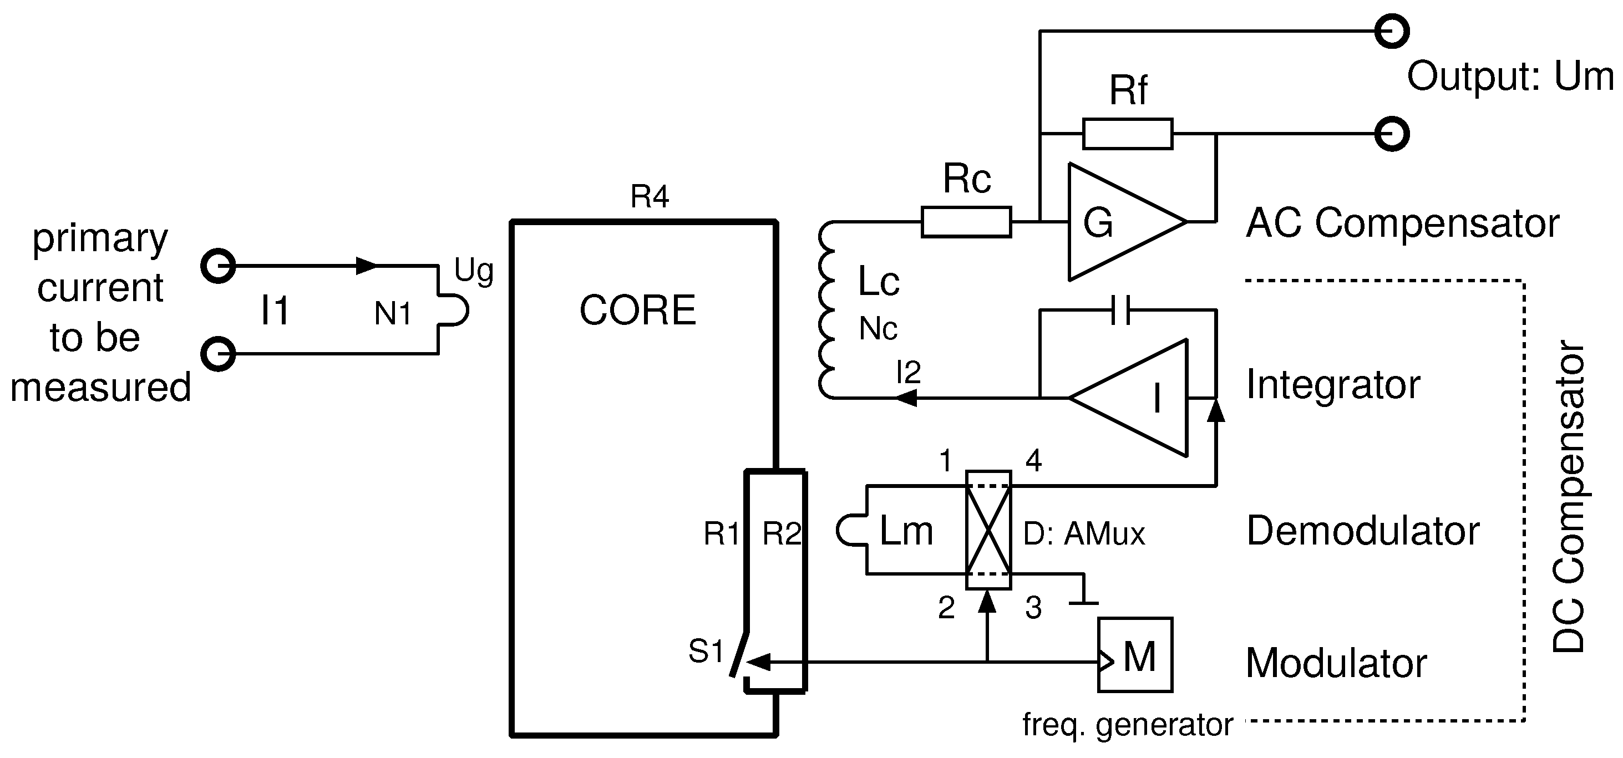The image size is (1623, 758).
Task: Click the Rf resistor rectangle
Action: [1127, 134]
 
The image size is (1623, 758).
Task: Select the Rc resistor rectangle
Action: [966, 222]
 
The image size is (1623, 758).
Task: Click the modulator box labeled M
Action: [1135, 655]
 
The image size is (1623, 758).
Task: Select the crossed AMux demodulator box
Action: [988, 530]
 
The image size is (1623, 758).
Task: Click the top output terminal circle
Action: [1391, 31]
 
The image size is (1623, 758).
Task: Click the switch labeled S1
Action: [738, 655]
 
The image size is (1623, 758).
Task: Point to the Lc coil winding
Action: [826, 310]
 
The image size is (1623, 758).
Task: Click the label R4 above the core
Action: [649, 197]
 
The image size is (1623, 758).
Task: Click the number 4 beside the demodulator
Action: [1033, 461]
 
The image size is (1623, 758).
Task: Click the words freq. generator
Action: [1127, 725]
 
